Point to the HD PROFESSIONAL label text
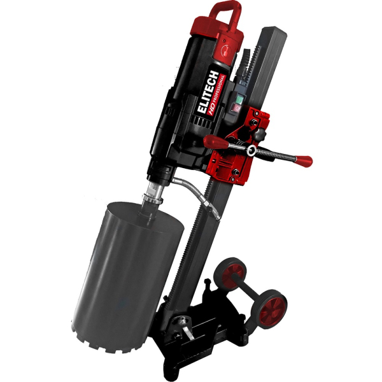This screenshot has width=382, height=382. point(216,95)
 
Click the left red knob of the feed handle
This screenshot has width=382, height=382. point(215,142)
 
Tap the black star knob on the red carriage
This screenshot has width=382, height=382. point(258,134)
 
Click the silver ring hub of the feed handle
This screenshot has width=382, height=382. point(251,150)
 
